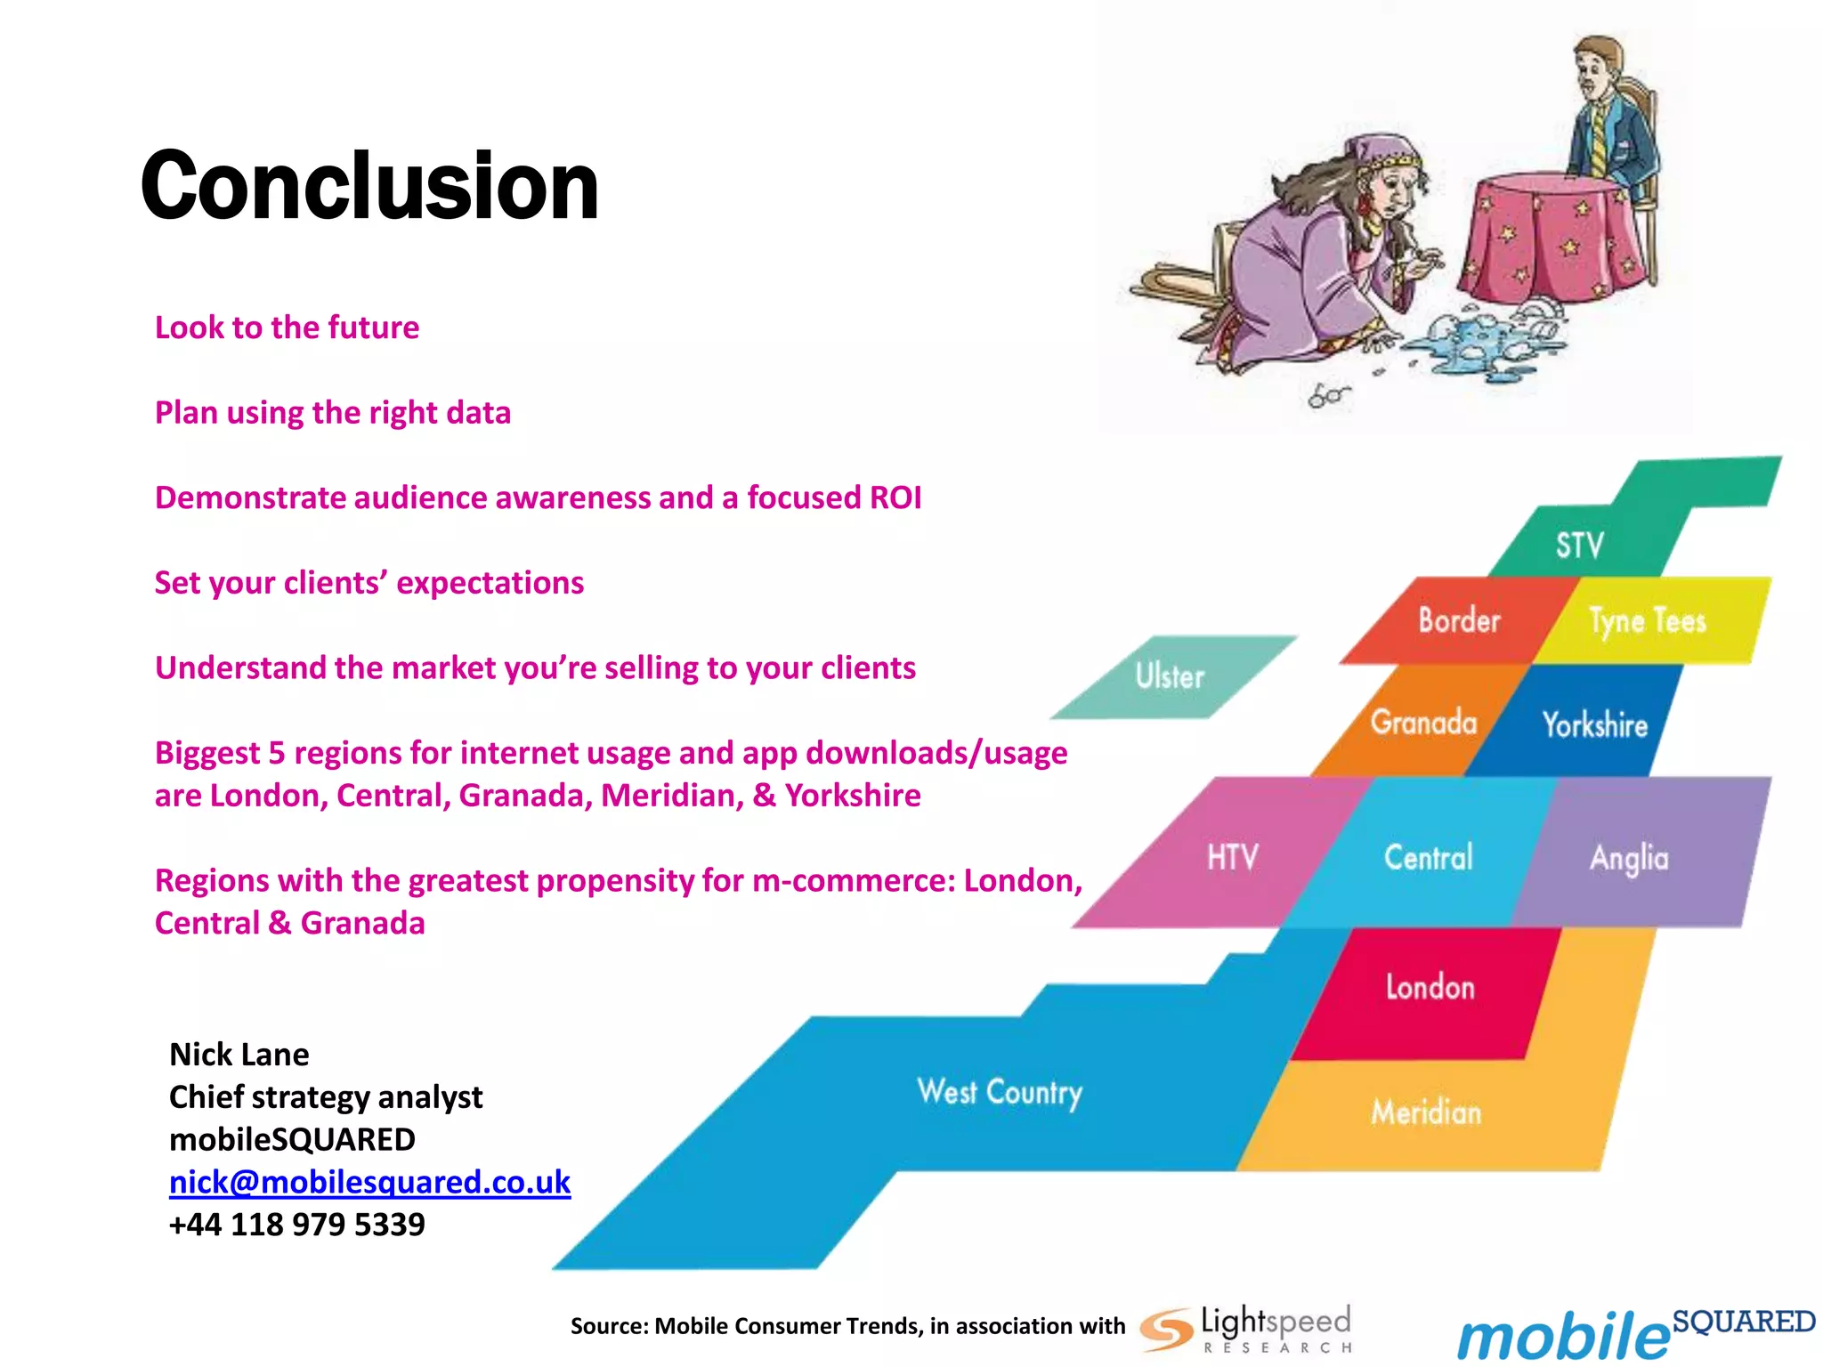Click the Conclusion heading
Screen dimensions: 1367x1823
[x=369, y=186]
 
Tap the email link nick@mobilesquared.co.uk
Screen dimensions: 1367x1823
[x=369, y=1182]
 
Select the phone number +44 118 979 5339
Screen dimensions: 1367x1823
[x=296, y=1225]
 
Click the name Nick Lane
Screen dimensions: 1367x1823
[x=239, y=1055]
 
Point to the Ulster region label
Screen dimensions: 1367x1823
[x=1170, y=676]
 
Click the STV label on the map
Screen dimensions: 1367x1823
[x=1579, y=545]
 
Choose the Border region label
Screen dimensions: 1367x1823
[x=1459, y=620]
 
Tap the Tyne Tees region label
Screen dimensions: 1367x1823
[x=1648, y=621]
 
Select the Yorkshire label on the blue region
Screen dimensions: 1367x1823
[x=1594, y=724]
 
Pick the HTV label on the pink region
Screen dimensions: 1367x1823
[x=1233, y=857]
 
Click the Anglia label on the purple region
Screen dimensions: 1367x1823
[x=1629, y=859]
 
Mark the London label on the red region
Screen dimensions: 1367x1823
[x=1430, y=987]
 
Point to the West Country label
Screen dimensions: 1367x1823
[x=1000, y=1092]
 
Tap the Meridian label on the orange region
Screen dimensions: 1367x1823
[x=1426, y=1112]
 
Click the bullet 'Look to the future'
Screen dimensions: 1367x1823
[x=287, y=328]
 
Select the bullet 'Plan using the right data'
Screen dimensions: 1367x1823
[x=333, y=413]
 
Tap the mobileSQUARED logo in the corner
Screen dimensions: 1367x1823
[x=1634, y=1332]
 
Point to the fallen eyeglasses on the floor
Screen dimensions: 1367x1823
[x=1327, y=395]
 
